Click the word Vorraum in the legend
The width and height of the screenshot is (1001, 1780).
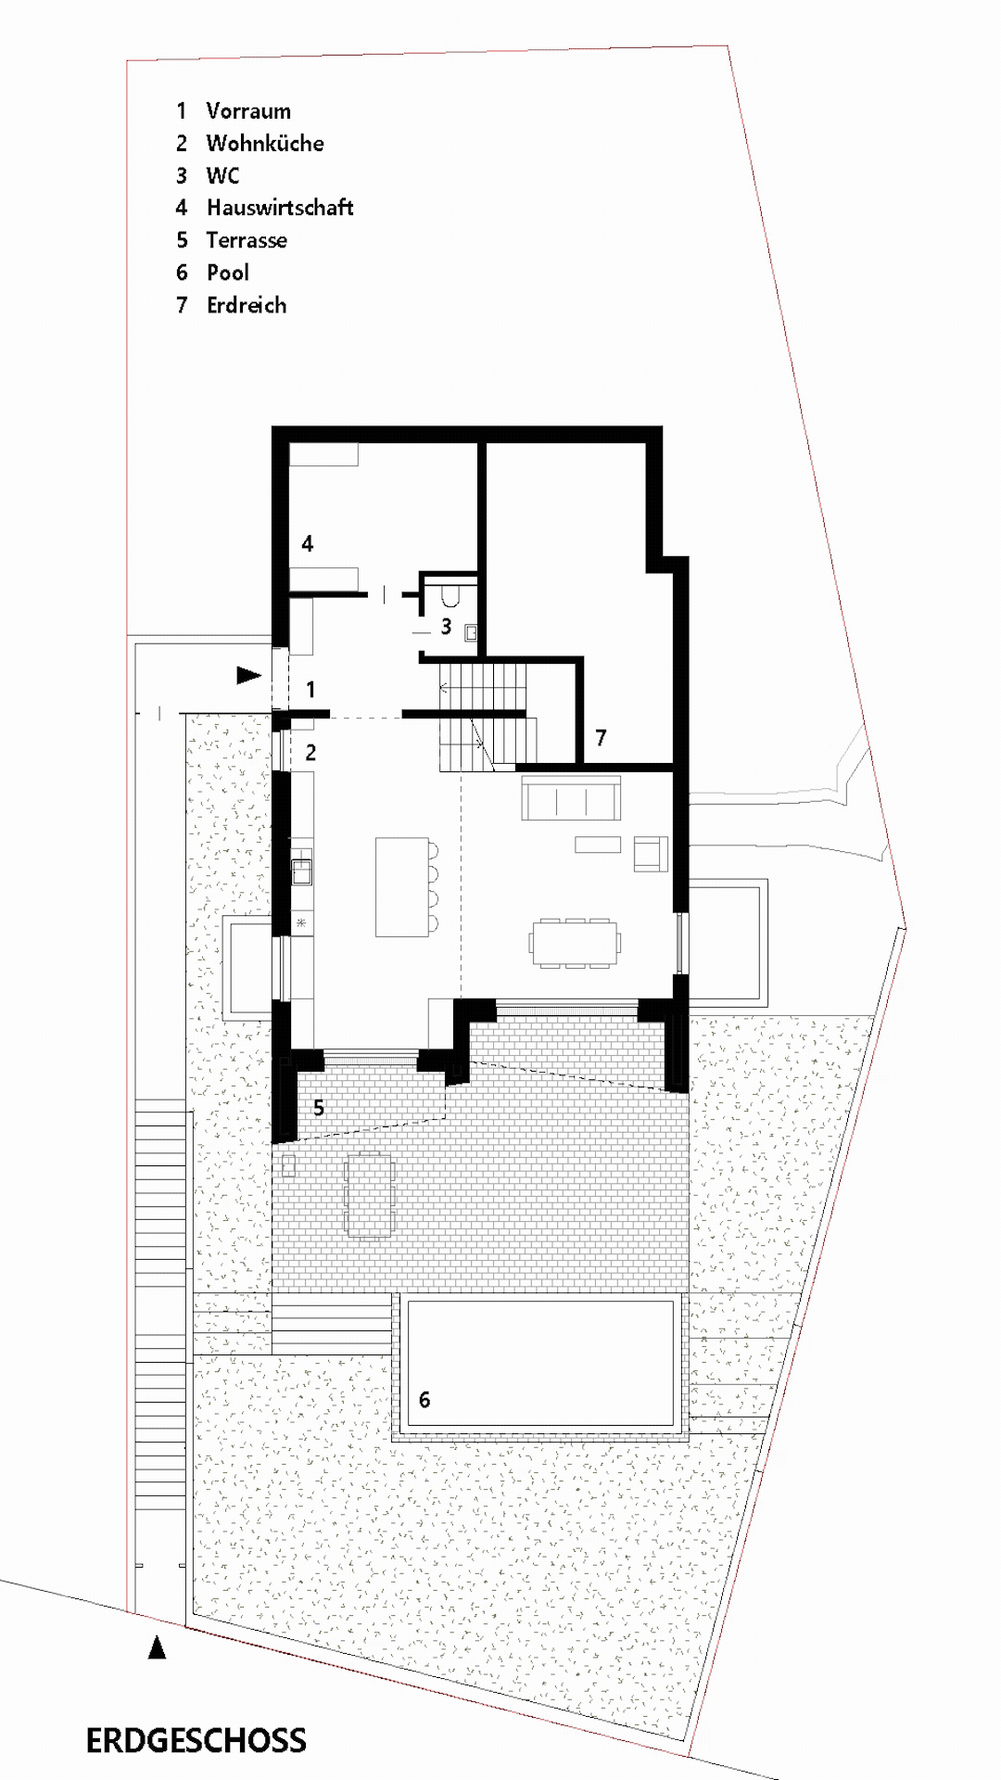248,111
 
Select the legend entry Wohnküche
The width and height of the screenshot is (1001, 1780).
265,144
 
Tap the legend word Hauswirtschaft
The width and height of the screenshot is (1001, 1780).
280,208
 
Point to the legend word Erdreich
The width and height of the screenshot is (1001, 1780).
247,305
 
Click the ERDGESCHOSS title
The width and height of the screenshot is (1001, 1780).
196,1741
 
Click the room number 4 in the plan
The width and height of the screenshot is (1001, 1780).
308,543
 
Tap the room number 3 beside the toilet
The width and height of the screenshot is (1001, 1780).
446,627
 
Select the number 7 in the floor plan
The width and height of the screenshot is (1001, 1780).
601,738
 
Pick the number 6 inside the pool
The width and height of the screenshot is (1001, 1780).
424,1400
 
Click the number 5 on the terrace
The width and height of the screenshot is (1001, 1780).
319,1108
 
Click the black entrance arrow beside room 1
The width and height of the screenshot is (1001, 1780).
248,675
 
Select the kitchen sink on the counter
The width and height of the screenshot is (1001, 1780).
302,871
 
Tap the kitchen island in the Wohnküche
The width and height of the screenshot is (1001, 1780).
401,886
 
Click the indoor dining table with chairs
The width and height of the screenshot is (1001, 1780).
575,944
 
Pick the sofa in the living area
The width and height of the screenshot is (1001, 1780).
571,799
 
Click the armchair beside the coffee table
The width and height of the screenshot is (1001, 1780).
651,853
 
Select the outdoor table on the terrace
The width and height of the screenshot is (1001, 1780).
369,1194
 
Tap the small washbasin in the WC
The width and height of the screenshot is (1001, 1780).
472,632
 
